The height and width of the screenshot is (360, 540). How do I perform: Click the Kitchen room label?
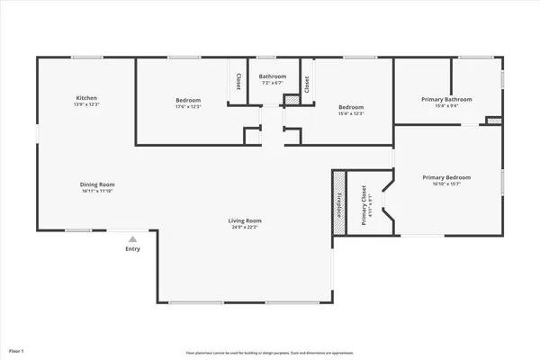pyautogui.click(x=86, y=97)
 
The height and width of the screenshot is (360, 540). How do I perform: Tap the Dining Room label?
pyautogui.click(x=98, y=184)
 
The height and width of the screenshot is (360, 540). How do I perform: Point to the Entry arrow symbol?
pyautogui.click(x=132, y=239)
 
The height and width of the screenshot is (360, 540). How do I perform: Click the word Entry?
pyautogui.click(x=132, y=249)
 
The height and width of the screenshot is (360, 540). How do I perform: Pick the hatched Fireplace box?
pyautogui.click(x=339, y=202)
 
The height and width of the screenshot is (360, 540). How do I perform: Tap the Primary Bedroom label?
pyautogui.click(x=446, y=177)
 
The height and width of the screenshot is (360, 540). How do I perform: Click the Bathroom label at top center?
pyautogui.click(x=273, y=76)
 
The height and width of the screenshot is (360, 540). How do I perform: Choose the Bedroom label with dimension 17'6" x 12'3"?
pyautogui.click(x=188, y=100)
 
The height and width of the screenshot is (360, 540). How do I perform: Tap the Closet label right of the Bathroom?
pyautogui.click(x=307, y=85)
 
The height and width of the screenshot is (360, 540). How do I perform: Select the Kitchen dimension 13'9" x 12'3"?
pyautogui.click(x=86, y=105)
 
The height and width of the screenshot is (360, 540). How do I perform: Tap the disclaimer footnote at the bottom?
pyautogui.click(x=269, y=353)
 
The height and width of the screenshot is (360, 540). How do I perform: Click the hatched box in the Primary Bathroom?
pyautogui.click(x=492, y=121)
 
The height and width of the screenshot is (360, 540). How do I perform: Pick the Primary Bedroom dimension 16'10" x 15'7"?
pyautogui.click(x=446, y=185)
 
